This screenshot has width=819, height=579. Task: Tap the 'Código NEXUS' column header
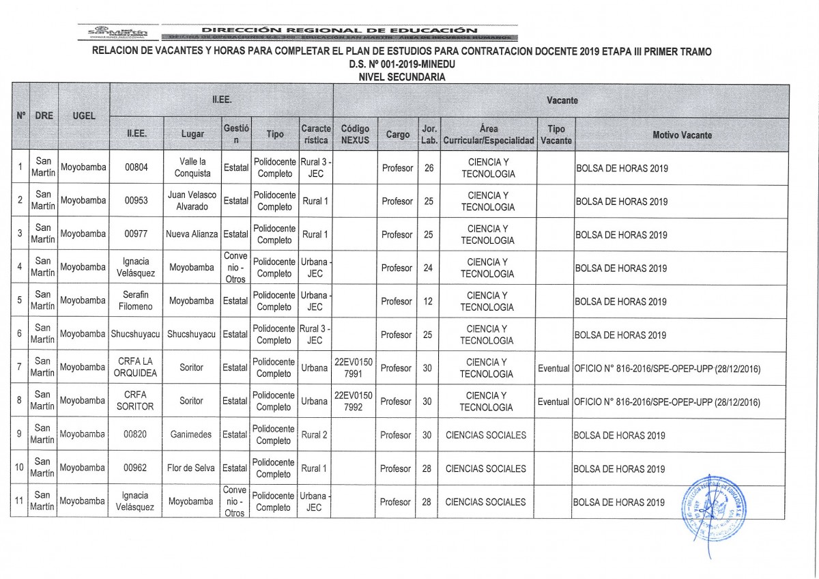pyautogui.click(x=354, y=135)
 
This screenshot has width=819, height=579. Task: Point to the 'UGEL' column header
pyautogui.click(x=83, y=116)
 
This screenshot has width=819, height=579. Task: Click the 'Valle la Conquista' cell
pyautogui.click(x=192, y=167)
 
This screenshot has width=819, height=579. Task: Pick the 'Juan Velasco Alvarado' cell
pyautogui.click(x=192, y=201)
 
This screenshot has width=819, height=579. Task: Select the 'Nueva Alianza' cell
pyautogui.click(x=192, y=234)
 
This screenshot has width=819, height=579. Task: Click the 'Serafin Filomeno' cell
pyautogui.click(x=135, y=301)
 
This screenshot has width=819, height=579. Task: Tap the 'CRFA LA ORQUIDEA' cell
pyautogui.click(x=135, y=367)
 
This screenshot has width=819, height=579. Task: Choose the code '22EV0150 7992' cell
pyautogui.click(x=354, y=401)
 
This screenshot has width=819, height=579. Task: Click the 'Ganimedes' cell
pyautogui.click(x=192, y=435)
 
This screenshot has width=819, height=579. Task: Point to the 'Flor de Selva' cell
pyautogui.click(x=192, y=468)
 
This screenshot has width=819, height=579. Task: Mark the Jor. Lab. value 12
pyautogui.click(x=428, y=301)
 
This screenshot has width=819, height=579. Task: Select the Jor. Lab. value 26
pyautogui.click(x=428, y=167)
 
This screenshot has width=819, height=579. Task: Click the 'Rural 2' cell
pyautogui.click(x=314, y=435)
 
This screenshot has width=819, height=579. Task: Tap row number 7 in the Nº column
pyautogui.click(x=20, y=367)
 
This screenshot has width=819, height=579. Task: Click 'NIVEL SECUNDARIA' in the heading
pyautogui.click(x=401, y=77)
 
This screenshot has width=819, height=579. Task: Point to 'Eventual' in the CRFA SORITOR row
pyautogui.click(x=554, y=401)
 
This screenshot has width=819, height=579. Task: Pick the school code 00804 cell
pyautogui.click(x=135, y=167)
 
